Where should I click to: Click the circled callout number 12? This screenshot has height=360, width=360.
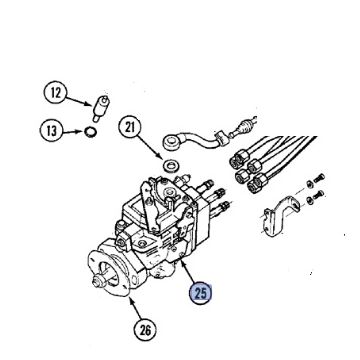[55, 93]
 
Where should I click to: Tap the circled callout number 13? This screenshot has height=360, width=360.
[51, 131]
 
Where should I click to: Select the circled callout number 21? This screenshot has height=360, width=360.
[130, 127]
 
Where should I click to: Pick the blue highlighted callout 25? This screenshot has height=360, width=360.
[201, 293]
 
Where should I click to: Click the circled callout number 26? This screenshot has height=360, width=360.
[145, 330]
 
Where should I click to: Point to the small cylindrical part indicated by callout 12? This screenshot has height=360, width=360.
[101, 109]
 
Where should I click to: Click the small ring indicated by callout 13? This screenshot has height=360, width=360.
[90, 132]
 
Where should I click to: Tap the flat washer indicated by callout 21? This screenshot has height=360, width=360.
[171, 165]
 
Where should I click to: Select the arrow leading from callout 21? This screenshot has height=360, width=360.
[149, 146]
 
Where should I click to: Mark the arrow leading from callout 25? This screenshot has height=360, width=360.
[189, 273]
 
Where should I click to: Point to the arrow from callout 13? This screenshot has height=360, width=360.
[73, 131]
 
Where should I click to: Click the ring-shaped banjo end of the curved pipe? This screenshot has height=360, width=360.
[171, 142]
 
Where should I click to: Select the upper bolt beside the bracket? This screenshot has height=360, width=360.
[319, 178]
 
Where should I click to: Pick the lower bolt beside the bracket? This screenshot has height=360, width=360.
[318, 195]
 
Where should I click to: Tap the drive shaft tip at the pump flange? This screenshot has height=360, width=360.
[97, 282]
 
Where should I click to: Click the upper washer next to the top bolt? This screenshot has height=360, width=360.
[310, 183]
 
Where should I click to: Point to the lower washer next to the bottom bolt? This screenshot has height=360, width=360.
[309, 199]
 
